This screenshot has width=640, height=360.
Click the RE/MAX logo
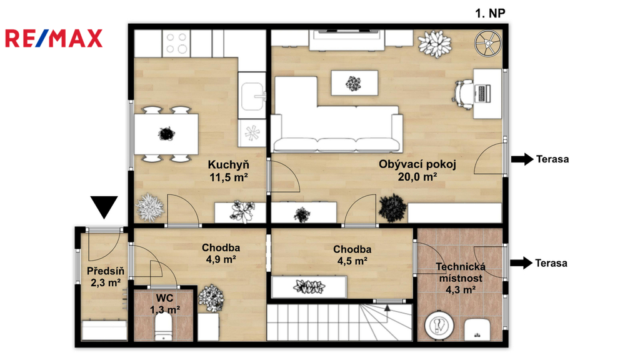[54, 38]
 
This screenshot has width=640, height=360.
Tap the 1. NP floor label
[490, 14]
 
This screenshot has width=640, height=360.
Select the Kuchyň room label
[228, 165]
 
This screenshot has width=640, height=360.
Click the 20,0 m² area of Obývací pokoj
[417, 177]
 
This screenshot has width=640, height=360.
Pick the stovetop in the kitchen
[176, 43]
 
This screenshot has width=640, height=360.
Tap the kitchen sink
[252, 96]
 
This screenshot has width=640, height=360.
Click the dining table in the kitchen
[166, 134]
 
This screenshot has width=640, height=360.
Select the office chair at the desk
[463, 94]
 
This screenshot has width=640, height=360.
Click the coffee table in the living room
[354, 83]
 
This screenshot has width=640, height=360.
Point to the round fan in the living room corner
[487, 42]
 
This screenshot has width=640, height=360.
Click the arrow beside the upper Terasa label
[522, 159]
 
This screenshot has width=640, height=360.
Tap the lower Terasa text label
[551, 263]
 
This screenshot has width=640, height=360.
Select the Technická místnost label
[461, 272]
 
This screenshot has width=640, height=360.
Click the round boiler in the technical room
[439, 326]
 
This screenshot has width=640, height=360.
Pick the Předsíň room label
[105, 271]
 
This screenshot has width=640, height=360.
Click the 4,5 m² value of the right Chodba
[352, 261]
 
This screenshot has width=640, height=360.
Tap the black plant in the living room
[392, 208]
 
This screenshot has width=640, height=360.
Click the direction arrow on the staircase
[387, 314]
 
